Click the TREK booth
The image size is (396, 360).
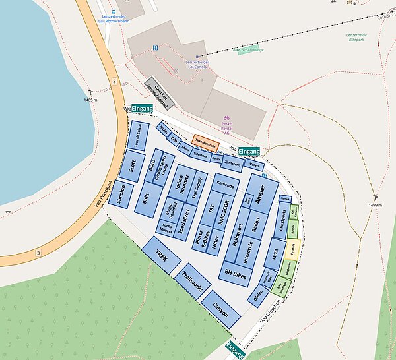(x=161, y=255)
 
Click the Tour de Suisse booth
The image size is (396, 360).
(x=138, y=135)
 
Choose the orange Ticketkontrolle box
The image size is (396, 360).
(x=205, y=140)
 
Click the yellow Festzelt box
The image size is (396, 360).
(x=292, y=249)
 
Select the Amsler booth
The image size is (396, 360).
(x=260, y=193)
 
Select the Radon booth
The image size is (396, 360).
(x=255, y=226)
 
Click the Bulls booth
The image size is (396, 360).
(x=146, y=197)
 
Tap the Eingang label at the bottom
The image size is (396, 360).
(x=235, y=350)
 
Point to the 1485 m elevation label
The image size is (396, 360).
(x=90, y=99)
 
